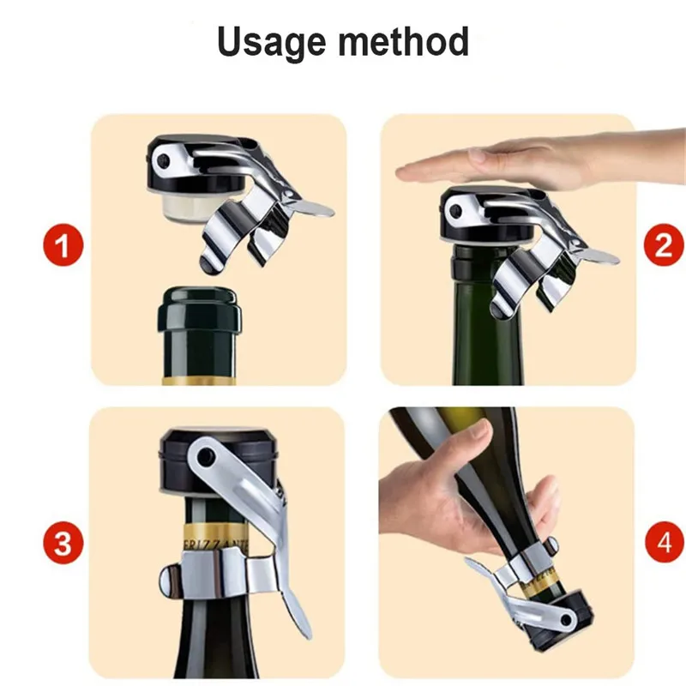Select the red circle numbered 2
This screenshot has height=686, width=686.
663,246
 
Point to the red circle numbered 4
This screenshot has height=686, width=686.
663,543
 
